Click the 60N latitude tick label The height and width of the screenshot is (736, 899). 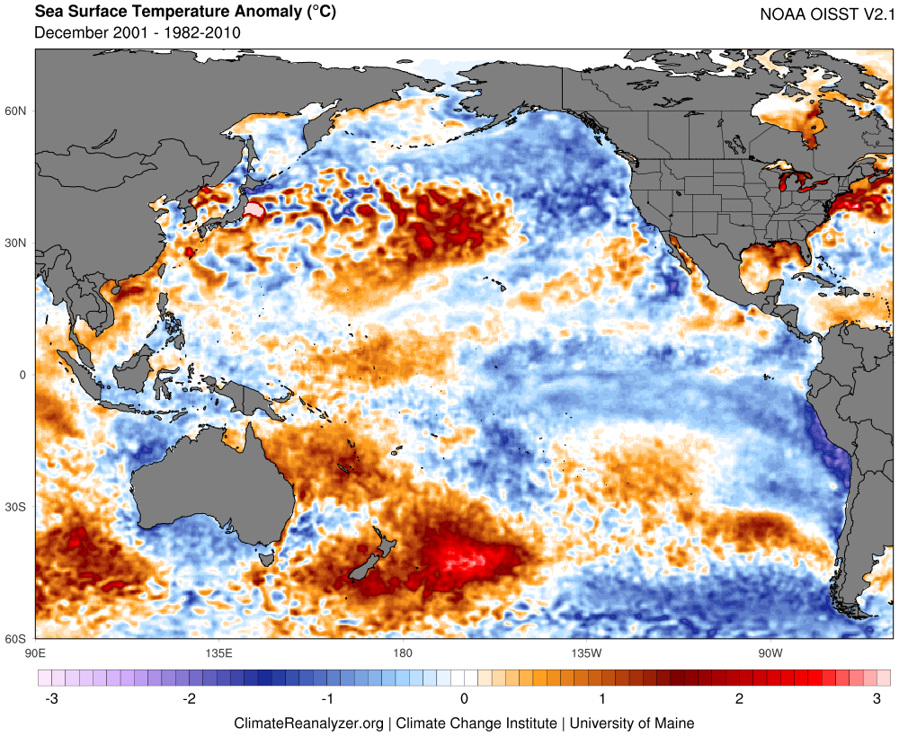[17, 111]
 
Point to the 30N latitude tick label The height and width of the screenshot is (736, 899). [17, 244]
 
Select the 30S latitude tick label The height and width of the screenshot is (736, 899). [17, 507]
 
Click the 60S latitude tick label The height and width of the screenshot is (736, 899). [17, 639]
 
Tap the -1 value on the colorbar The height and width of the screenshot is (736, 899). [327, 698]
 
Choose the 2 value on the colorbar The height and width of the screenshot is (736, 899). [739, 698]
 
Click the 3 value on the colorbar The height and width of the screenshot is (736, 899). [877, 698]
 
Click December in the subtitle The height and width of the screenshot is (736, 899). [70, 33]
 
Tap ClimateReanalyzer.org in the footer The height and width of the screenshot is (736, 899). [308, 723]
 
